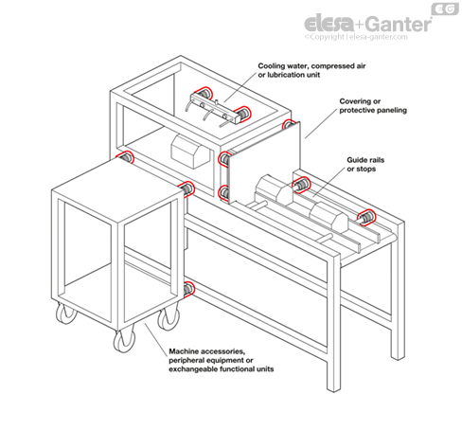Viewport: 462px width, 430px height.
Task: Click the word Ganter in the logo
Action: coord(400,24)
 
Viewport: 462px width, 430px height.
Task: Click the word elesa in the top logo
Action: coord(329,24)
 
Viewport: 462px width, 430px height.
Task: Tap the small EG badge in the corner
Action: coord(445,9)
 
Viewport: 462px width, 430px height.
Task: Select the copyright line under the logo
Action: coord(356,37)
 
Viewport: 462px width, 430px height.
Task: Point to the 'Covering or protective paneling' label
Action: coord(373,106)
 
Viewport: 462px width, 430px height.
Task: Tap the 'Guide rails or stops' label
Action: coord(365,164)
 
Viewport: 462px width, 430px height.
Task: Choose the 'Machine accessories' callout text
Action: coord(221,360)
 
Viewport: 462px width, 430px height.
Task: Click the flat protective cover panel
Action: coord(263,164)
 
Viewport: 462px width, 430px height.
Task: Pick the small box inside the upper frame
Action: coord(190,152)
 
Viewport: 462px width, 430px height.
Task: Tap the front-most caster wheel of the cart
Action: coord(124,341)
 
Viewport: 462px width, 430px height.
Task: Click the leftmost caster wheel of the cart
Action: coord(66,314)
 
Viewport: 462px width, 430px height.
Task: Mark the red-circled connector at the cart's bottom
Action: coord(189,289)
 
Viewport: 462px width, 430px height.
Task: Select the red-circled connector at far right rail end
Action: coord(366,218)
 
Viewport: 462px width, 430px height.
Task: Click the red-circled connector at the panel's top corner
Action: coord(288,124)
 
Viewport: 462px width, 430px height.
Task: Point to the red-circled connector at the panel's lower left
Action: coord(223,193)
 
